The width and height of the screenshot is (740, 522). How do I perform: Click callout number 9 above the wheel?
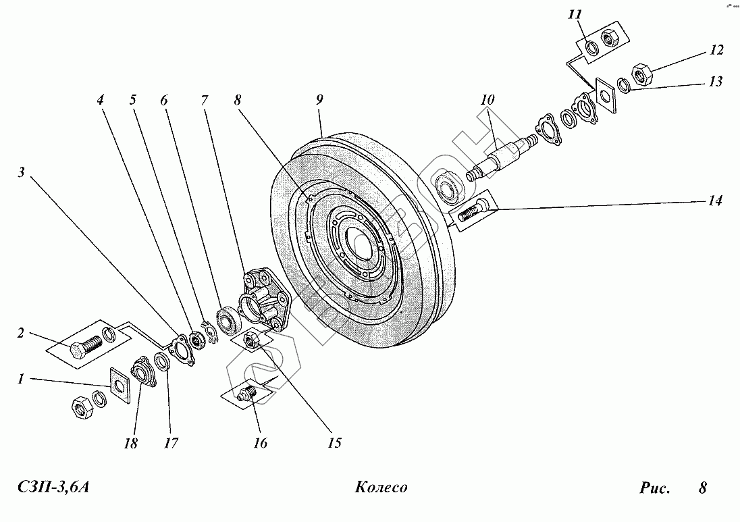pos(319,99)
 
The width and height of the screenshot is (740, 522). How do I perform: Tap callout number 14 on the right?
pos(715,201)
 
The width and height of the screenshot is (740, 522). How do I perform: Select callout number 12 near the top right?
pos(716,50)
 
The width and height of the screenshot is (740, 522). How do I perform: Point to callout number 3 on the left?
pos(22,172)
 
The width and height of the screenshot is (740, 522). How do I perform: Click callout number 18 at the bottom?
pos(130,444)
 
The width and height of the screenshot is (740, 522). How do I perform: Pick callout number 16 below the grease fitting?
pos(260,443)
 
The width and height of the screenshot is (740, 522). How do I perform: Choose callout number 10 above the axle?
pos(487,99)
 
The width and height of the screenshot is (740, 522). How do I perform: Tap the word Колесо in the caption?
pos(379,488)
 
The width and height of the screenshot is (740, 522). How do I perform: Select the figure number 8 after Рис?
pos(702,488)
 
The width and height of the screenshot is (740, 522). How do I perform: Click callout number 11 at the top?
pos(575,15)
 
